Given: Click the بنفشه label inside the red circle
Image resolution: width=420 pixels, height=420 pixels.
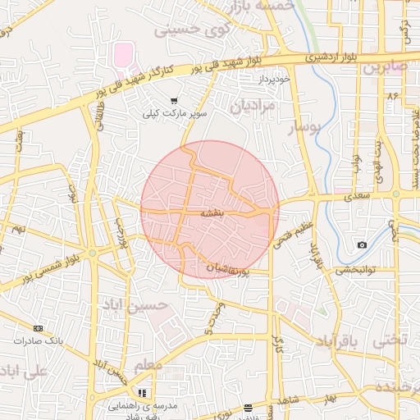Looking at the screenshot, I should click(212, 212).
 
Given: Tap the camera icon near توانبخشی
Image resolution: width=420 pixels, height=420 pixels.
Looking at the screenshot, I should click(363, 245).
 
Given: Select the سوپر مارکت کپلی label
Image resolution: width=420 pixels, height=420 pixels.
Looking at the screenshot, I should click(176, 113).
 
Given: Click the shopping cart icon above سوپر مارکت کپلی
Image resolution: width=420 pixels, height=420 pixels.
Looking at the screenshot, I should click(173, 100).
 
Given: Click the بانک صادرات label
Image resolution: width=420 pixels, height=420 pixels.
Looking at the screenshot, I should click(39, 340).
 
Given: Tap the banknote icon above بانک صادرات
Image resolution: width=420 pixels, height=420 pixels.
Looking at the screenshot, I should click(38, 327).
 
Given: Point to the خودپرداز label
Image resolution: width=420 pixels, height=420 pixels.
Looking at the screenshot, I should click(275, 80).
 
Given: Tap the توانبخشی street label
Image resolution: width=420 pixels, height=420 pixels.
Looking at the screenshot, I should click(357, 268).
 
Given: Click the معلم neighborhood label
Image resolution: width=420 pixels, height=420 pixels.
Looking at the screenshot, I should click(147, 363).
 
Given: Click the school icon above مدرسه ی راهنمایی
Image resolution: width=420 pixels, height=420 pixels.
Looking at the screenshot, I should click(142, 393).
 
